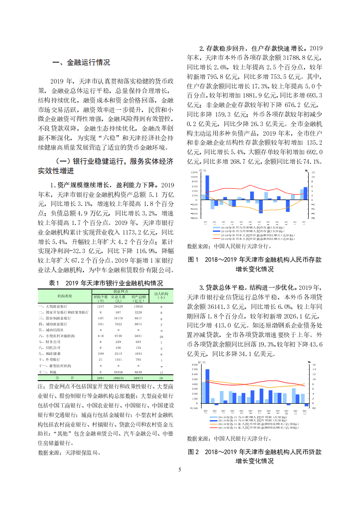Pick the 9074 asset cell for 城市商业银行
(138, 324)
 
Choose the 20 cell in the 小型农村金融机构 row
(161, 336)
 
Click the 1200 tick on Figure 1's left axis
(194, 172)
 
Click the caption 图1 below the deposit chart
(193, 260)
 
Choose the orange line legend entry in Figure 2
(254, 424)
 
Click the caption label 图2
(193, 452)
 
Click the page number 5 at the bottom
(180, 470)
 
